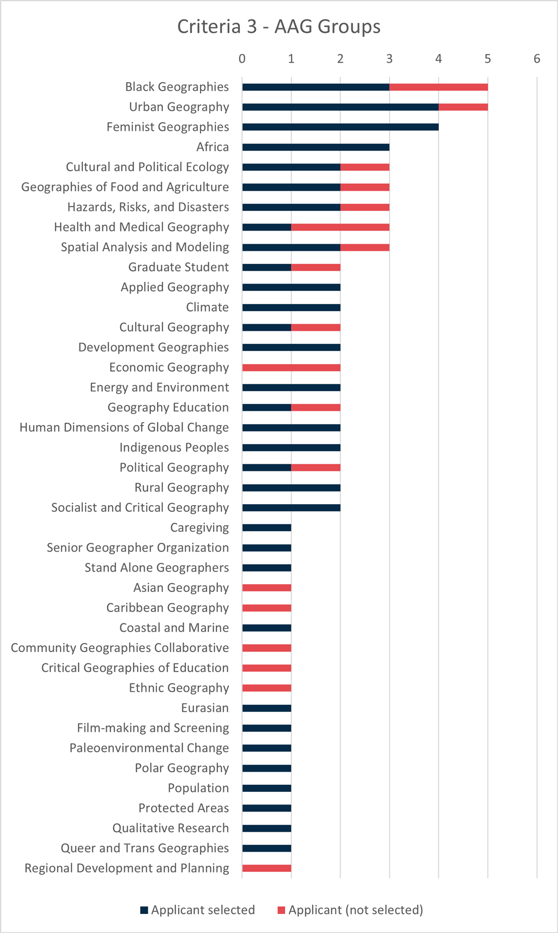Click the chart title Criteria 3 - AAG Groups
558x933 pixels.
click(278, 27)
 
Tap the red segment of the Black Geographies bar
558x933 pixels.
click(438, 87)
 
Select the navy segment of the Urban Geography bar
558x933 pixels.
click(340, 107)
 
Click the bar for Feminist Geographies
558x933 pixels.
click(340, 127)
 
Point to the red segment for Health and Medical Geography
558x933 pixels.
click(340, 227)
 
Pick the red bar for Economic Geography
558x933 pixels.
click(291, 368)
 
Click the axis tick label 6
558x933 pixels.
click(537, 59)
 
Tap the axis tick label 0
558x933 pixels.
click(242, 59)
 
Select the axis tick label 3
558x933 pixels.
click(389, 59)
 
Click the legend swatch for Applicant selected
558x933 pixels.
click(144, 910)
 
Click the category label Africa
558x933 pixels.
click(213, 147)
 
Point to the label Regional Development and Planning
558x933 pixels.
click(126, 868)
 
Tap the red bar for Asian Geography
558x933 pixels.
click(266, 588)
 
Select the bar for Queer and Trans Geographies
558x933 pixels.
click(266, 849)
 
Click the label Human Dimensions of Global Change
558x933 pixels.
click(124, 428)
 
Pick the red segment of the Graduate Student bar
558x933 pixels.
click(316, 268)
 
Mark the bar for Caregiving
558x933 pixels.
click(266, 528)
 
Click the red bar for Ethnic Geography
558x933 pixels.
click(266, 688)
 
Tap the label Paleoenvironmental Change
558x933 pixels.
click(149, 748)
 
